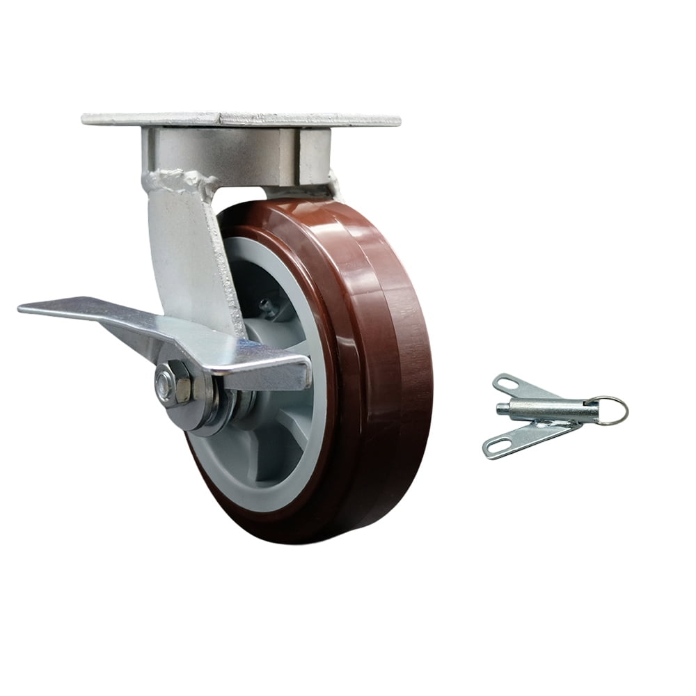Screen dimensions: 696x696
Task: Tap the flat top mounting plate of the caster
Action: tap(240, 119)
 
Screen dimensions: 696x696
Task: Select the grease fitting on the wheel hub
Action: tap(264, 305)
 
